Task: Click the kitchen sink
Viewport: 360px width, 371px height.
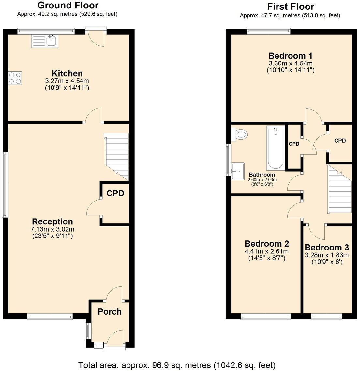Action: pos(45,41)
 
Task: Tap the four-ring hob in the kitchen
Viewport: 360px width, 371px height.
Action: pos(15,78)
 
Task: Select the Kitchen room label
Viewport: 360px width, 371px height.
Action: pos(67,73)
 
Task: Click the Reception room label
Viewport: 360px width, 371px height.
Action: pos(52,221)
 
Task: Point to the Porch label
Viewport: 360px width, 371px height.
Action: pos(110,312)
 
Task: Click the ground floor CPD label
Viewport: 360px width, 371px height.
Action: pos(115,193)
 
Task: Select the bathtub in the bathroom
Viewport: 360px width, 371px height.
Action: pos(276,148)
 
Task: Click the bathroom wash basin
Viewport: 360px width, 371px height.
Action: pos(238,171)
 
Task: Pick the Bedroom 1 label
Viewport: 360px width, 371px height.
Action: pos(291,55)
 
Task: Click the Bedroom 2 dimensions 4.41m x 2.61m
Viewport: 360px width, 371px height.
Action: pos(266,251)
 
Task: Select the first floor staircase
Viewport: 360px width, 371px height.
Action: pos(339,189)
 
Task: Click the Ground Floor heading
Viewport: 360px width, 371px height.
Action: pos(67,5)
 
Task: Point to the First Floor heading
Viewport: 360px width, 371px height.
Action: pos(291,6)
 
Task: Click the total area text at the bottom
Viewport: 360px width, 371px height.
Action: pos(177,364)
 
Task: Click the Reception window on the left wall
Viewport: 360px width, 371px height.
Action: pos(4,185)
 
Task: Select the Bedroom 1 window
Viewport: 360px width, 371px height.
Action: pos(268,31)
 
